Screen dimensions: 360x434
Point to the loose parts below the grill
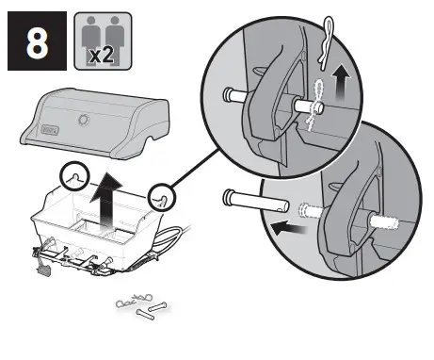pyautogui.click(x=140, y=307)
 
